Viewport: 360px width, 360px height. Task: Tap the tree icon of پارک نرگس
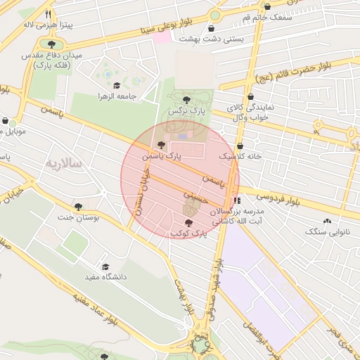tap(186, 101)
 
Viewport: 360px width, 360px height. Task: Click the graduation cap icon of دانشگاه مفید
tap(105, 267)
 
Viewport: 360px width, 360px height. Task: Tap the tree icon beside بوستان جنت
tap(78, 207)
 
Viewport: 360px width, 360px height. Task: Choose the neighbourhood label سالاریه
tap(64, 164)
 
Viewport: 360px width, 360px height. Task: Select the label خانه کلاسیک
tap(240, 156)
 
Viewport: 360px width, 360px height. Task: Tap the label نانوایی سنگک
tap(330, 231)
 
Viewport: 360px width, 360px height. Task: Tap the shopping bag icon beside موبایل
tap(5, 121)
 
